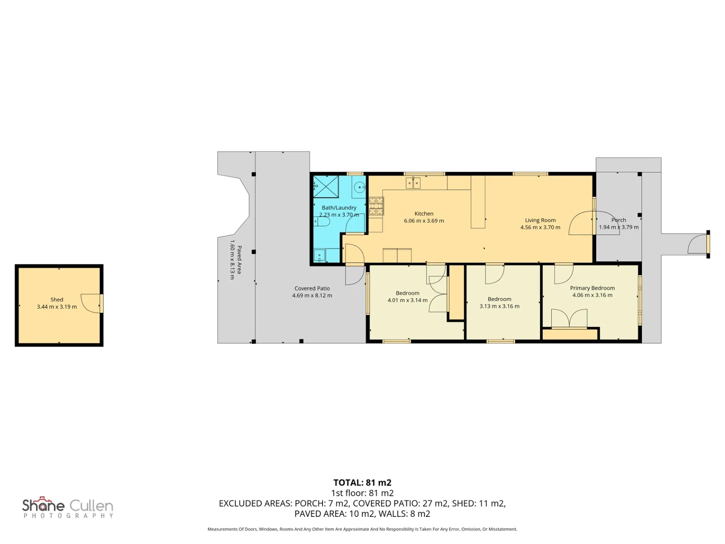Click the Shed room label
pos(56,300)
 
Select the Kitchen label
pos(424,214)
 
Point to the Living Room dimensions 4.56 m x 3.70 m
pos(540,227)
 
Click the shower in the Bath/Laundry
pos(326,186)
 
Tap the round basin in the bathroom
pos(358,187)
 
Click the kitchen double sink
pos(413,183)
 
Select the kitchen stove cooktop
pos(376,206)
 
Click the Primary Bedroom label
pos(592,288)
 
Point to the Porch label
pos(618,220)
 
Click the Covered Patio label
pos(312,288)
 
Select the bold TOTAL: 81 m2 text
pos(362,483)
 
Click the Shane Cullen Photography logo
pos(67,507)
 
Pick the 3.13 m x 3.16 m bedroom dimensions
pos(499,306)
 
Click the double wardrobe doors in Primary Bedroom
pos(569,318)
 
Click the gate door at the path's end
pos(697,244)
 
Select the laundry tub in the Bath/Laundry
pos(319,255)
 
